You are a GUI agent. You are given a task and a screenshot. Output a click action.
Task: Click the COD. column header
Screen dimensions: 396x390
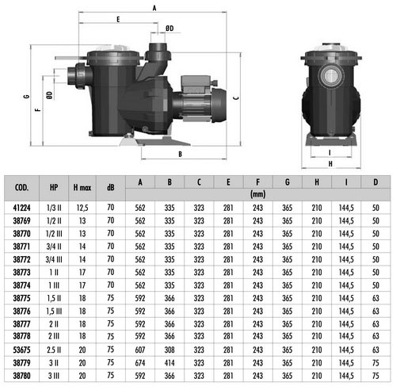pos(21,188)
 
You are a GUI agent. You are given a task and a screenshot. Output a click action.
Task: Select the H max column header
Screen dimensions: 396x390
pos(82,188)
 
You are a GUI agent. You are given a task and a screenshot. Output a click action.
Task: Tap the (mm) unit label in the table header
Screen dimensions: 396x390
pos(257,194)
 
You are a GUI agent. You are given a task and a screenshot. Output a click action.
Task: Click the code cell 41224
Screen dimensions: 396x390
pos(21,208)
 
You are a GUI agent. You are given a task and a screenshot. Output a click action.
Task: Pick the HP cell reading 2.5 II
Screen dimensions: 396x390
pos(54,350)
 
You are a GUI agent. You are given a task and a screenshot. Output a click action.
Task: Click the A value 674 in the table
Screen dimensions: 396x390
pos(140,363)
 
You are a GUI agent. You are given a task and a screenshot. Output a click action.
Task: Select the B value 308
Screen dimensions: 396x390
pos(169,350)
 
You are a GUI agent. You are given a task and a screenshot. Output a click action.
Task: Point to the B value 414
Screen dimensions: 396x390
pos(169,363)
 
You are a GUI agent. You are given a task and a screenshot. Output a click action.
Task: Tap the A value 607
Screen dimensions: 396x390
pos(140,350)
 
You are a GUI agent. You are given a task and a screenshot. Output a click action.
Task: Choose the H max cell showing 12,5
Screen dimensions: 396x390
pos(82,208)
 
